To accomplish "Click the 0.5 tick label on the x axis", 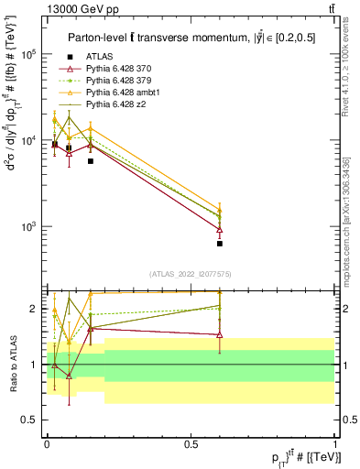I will click(x=191, y=443).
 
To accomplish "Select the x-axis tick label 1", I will click(x=334, y=443).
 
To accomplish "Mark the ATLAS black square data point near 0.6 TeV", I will click(x=220, y=244).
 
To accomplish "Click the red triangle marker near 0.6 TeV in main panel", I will click(x=220, y=229).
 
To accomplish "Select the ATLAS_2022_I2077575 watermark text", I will click(x=191, y=273).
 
